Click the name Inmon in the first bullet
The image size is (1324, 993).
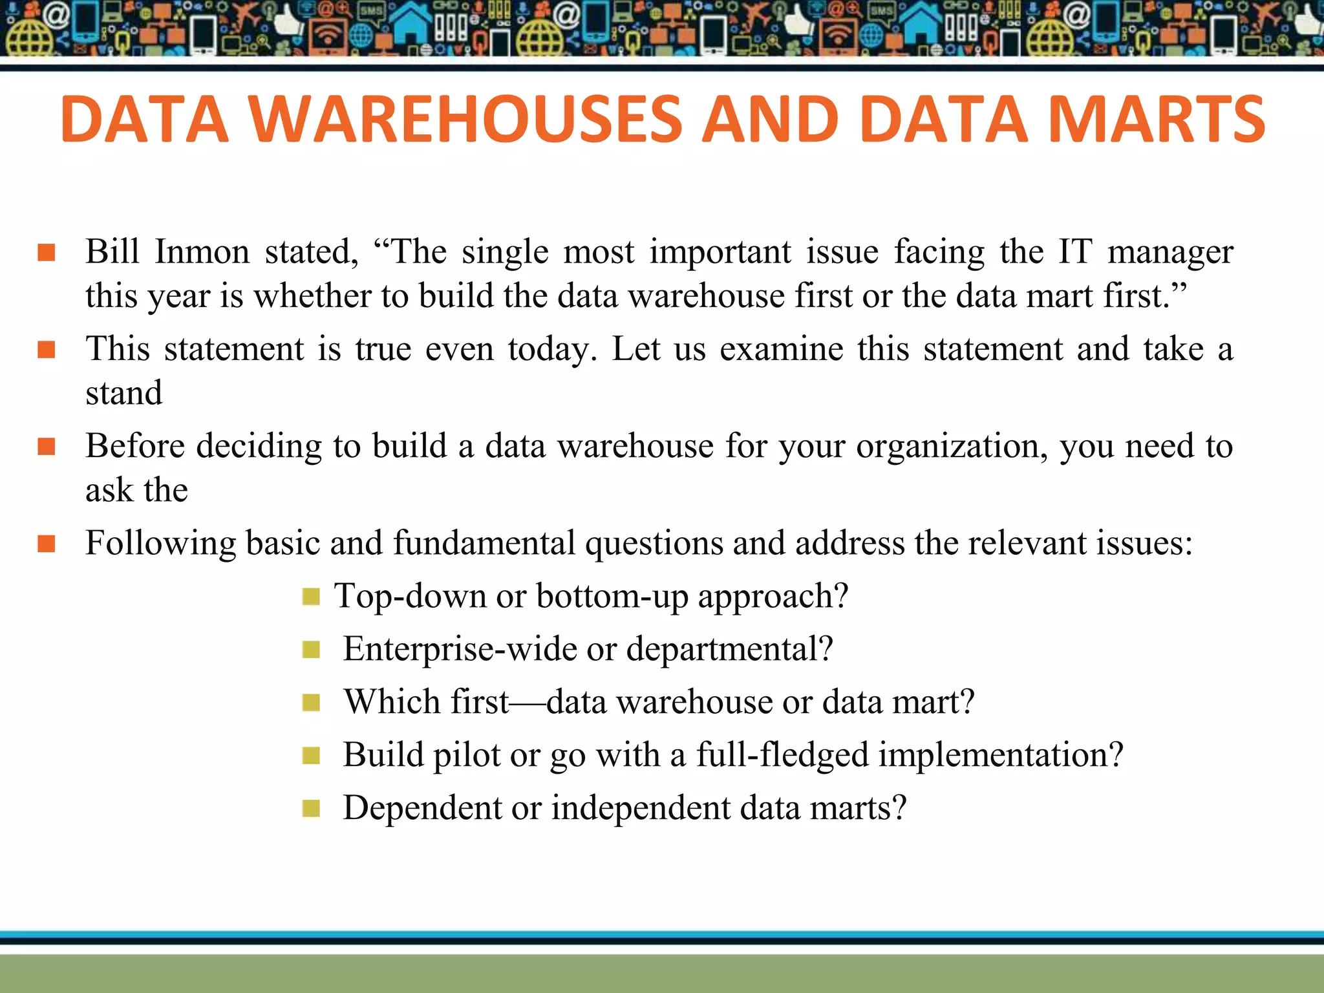pos(202,251)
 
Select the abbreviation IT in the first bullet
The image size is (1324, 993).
pos(1074,251)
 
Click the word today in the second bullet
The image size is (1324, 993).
pos(551,349)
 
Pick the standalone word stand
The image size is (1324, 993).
pos(123,393)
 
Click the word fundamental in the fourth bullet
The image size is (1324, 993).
pos(484,543)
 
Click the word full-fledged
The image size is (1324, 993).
pos(782,755)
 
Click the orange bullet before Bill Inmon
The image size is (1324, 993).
pos(47,252)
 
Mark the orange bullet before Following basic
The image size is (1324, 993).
pos(47,544)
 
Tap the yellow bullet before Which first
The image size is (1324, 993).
pos(311,702)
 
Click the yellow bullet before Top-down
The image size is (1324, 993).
pos(311,596)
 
